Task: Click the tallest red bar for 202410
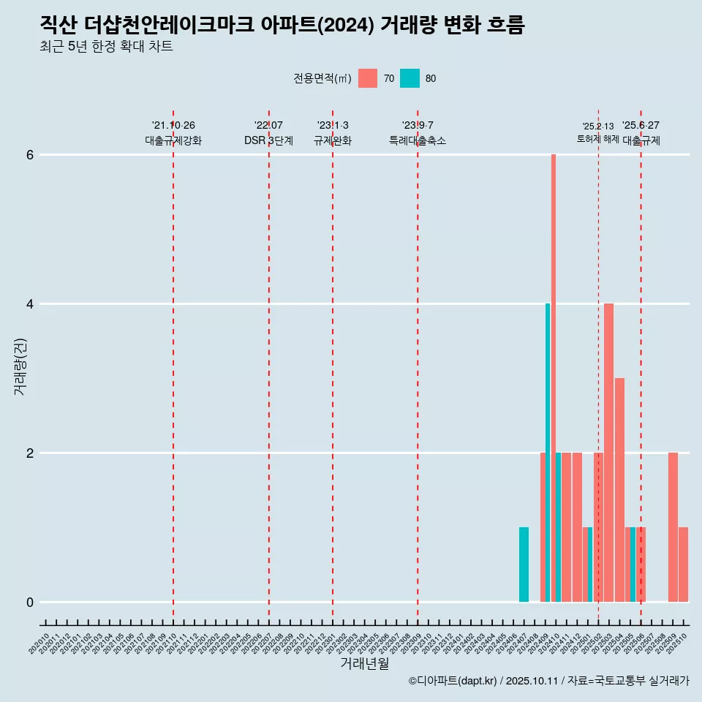(x=554, y=378)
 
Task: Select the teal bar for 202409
(x=548, y=453)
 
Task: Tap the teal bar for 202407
(x=524, y=565)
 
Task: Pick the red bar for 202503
(x=608, y=453)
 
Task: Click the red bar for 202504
(x=619, y=490)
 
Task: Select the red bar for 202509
(x=673, y=527)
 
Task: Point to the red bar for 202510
(x=683, y=565)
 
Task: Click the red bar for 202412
(x=577, y=527)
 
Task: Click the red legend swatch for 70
(x=368, y=78)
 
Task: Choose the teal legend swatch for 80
(x=409, y=78)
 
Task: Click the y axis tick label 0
(x=30, y=603)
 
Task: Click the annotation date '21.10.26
(x=173, y=125)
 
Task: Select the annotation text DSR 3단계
(x=268, y=140)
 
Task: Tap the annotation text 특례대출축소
(x=417, y=140)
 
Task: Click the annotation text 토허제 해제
(x=597, y=139)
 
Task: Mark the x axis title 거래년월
(x=364, y=663)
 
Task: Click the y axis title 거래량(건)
(x=20, y=366)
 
